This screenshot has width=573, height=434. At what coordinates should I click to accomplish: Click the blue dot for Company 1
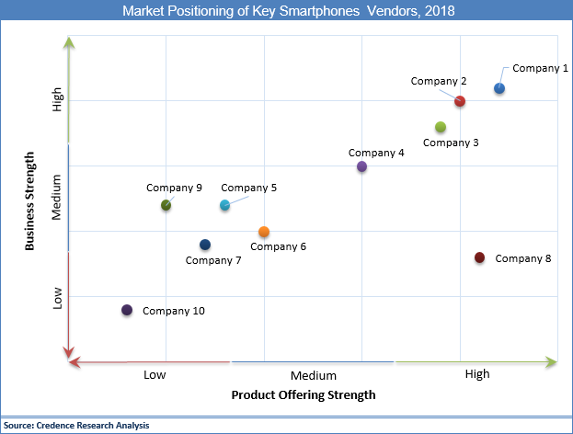click(499, 88)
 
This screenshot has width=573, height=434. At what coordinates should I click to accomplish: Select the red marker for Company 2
click(460, 101)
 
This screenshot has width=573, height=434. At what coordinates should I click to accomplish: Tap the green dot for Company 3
click(441, 127)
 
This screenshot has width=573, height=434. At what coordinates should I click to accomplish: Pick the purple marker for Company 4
click(361, 166)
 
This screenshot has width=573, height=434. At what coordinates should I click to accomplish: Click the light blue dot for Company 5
click(224, 205)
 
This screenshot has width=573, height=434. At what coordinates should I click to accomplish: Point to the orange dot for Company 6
click(264, 232)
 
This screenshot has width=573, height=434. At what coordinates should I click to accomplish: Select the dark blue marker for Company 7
click(205, 245)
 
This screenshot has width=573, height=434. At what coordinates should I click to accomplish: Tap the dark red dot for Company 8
click(479, 257)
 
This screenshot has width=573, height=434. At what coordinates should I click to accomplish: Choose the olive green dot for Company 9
click(166, 205)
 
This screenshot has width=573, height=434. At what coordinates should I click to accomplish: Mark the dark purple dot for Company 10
click(127, 310)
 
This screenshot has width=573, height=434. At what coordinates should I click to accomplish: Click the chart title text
click(287, 12)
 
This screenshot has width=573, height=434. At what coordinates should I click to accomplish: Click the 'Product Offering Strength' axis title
click(304, 395)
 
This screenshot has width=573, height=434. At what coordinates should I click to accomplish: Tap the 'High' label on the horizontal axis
click(477, 374)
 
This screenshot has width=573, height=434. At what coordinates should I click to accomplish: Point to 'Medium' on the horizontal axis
click(314, 375)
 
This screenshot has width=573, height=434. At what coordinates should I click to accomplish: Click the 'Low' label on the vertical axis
click(57, 298)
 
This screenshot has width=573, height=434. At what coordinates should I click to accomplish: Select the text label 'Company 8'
click(522, 258)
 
